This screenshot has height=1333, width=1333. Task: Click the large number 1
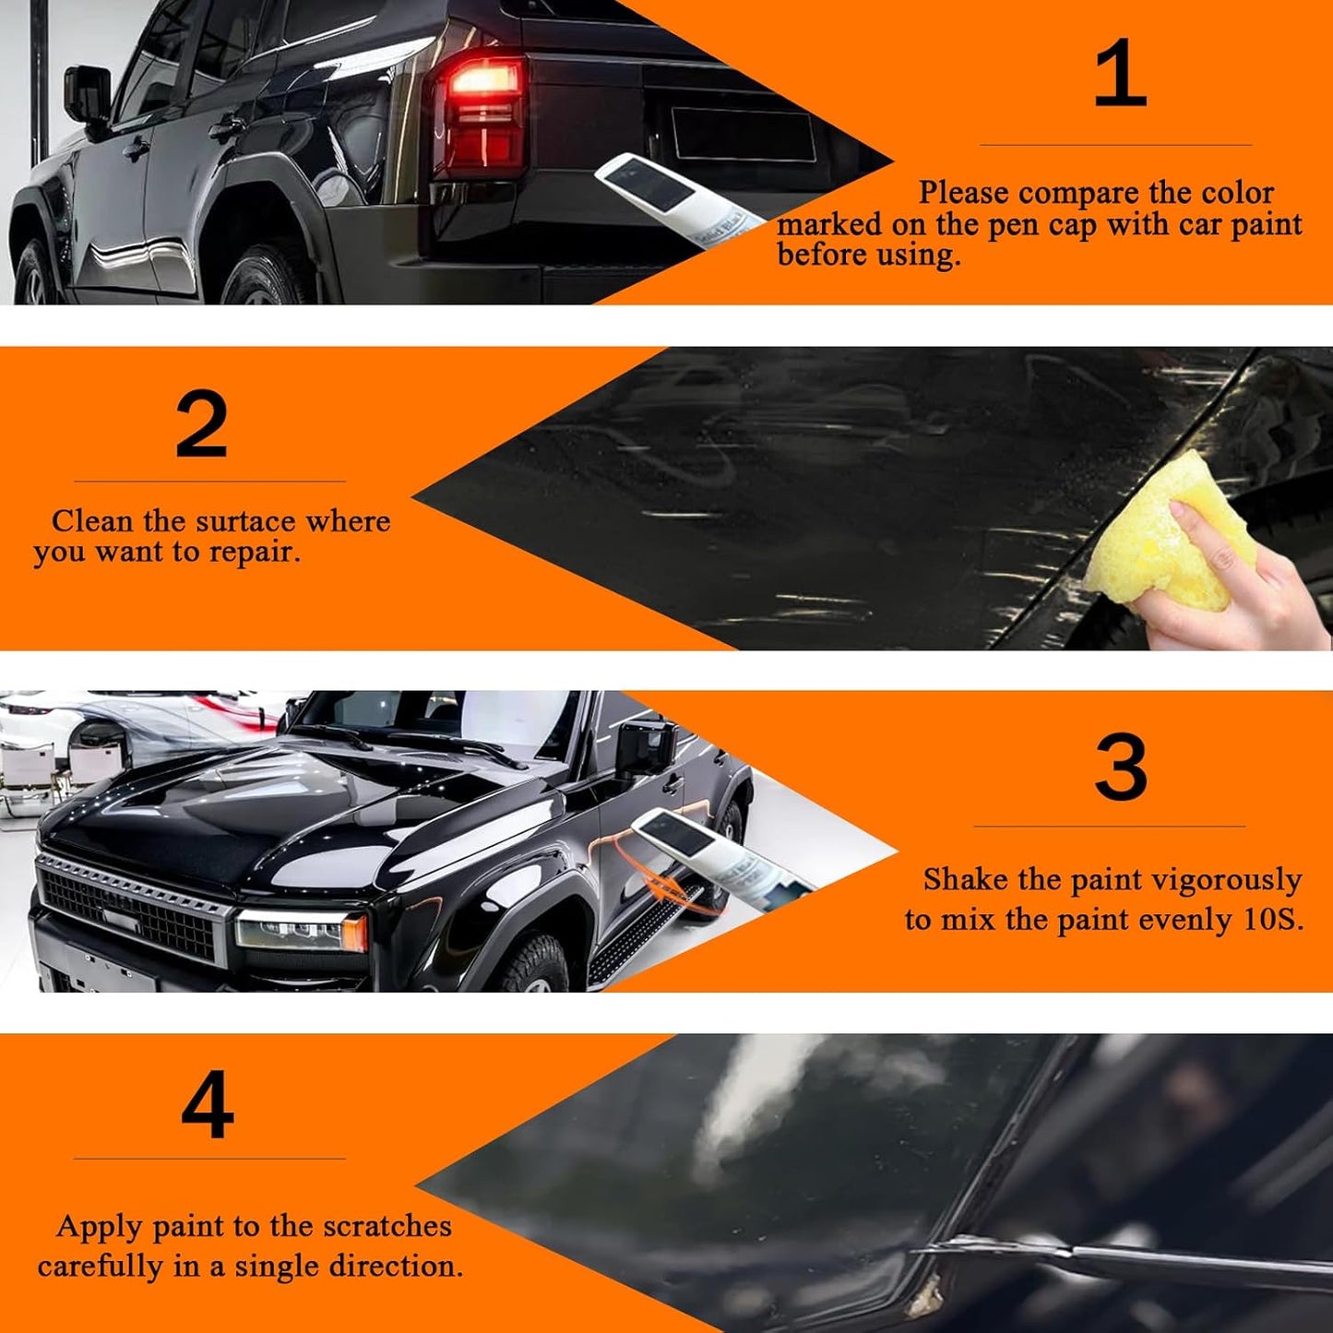coord(1119,74)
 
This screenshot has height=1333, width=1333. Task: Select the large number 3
coord(1121,768)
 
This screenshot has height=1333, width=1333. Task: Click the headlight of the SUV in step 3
coord(300,929)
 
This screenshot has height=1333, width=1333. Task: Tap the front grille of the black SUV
coord(129,909)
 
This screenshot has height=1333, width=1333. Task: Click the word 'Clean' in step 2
coord(92,521)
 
